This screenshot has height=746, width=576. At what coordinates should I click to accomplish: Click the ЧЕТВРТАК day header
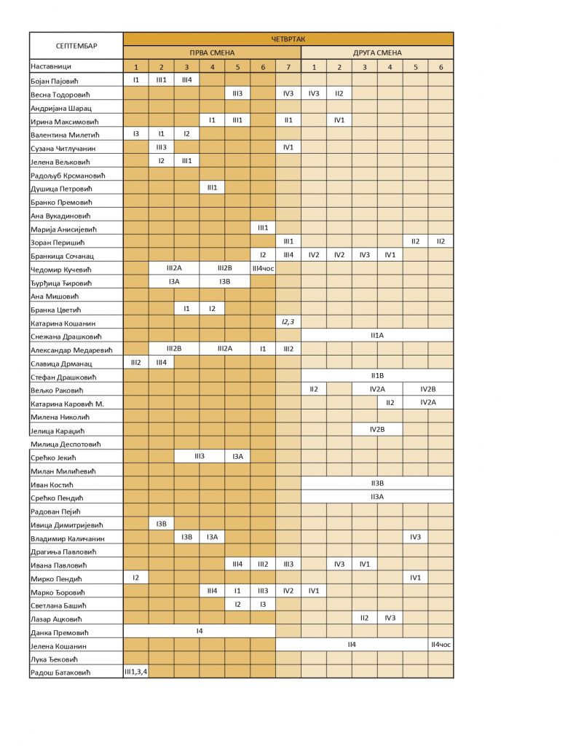point(288,39)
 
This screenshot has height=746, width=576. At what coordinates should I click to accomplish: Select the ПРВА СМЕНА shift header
point(212,52)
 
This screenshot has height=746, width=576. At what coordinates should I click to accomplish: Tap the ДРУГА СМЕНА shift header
point(377,52)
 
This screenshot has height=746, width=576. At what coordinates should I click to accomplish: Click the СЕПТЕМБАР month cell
point(76,46)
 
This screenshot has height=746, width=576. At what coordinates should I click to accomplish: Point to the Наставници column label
point(53,66)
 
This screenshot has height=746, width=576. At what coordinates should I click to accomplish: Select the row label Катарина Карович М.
point(67,404)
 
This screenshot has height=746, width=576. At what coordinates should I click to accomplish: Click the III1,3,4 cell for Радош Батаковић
point(136,672)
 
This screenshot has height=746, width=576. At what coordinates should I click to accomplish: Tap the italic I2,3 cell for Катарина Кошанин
point(288,322)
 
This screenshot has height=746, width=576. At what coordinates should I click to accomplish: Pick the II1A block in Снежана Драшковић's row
point(377,336)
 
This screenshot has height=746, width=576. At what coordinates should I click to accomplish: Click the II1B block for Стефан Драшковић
point(377,376)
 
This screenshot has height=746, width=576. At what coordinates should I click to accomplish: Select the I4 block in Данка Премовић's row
point(200,631)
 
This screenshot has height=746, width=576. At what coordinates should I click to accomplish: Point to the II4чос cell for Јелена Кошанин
point(441,645)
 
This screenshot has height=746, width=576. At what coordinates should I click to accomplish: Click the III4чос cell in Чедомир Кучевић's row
point(263,269)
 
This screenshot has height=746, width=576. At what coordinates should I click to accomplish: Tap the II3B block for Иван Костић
point(377,484)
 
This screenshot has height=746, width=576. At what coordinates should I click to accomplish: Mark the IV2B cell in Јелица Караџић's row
point(377,430)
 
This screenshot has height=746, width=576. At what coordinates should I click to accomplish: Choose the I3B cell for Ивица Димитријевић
point(162,524)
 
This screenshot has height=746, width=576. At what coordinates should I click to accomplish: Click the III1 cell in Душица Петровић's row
point(212,188)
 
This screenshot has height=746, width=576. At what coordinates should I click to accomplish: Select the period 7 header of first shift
point(288,66)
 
